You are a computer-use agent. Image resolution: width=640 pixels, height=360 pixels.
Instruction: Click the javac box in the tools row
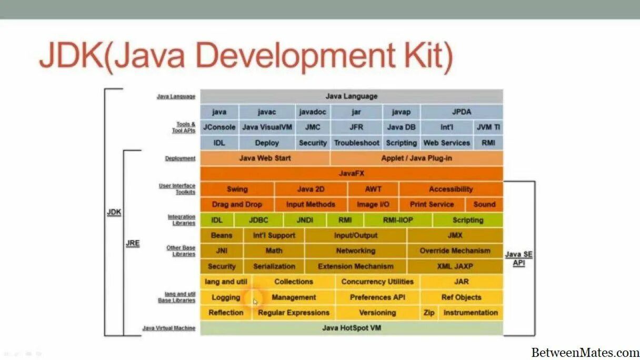click(266, 112)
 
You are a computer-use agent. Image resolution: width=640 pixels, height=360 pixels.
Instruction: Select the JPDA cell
click(462, 112)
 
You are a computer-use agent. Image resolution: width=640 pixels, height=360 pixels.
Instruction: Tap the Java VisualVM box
click(267, 127)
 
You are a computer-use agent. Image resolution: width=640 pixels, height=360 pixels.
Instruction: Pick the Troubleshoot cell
click(356, 143)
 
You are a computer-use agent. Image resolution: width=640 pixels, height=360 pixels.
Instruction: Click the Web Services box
click(447, 143)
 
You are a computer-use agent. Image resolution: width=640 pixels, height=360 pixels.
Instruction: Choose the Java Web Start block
click(265, 158)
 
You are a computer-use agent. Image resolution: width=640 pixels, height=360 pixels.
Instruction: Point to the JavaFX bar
click(352, 173)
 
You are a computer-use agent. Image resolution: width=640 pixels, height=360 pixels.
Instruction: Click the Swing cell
click(237, 189)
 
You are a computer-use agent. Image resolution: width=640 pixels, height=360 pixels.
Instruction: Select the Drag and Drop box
click(237, 204)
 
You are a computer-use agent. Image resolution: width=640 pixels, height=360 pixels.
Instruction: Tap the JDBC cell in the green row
click(258, 220)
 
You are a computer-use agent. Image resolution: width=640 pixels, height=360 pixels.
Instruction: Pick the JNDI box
click(305, 220)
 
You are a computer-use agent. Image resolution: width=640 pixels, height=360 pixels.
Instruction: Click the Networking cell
click(356, 251)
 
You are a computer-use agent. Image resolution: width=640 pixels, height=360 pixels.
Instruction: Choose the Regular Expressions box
click(294, 313)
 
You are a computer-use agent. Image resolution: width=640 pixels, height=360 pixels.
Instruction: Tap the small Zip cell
click(429, 313)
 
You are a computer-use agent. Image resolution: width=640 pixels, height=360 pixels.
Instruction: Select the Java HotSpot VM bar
click(352, 328)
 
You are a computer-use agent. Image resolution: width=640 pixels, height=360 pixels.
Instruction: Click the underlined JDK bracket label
click(114, 213)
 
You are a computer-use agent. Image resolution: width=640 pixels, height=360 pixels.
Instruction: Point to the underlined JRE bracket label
click(133, 244)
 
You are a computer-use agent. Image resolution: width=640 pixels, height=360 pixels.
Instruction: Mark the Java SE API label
click(519, 258)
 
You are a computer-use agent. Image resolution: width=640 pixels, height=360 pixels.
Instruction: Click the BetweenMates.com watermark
click(585, 352)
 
